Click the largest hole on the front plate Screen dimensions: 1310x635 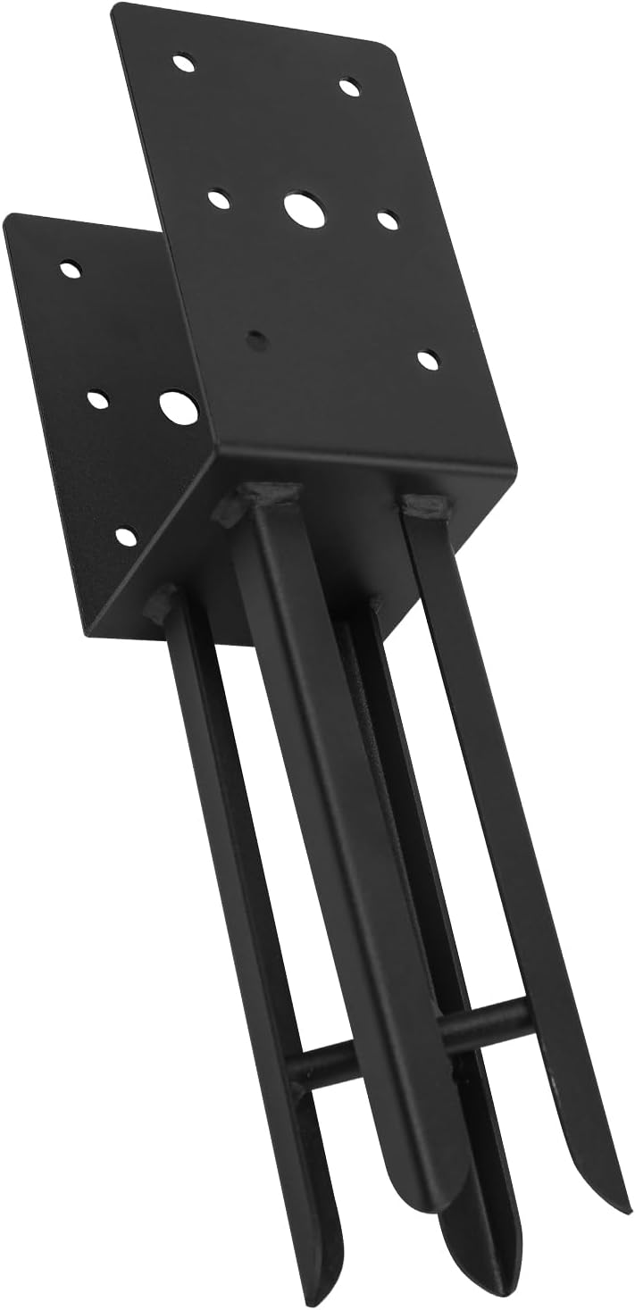[x=305, y=207]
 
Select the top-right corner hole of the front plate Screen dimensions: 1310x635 [x=350, y=87]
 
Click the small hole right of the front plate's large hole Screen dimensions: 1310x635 [x=387, y=218]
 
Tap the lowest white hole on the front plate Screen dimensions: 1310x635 [x=429, y=359]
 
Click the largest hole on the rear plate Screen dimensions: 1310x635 [x=178, y=407]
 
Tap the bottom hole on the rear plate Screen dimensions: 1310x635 [x=127, y=536]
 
